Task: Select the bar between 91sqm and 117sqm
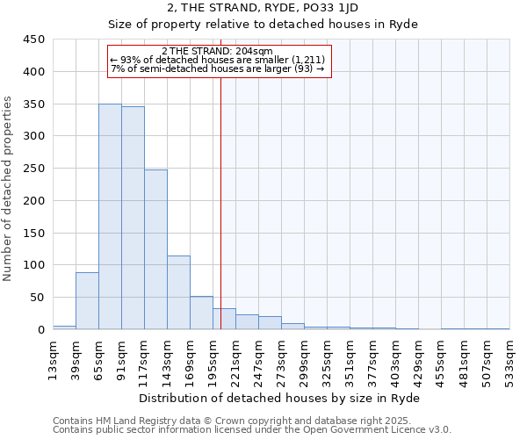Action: click(133, 219)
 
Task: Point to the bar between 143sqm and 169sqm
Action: click(178, 293)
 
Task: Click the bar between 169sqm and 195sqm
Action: click(201, 313)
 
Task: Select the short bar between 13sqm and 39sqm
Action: click(64, 327)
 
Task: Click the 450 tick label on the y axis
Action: click(34, 40)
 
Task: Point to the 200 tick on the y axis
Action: click(34, 201)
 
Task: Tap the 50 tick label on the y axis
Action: click(38, 298)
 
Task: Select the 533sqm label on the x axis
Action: click(509, 359)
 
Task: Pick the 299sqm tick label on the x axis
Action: click(304, 359)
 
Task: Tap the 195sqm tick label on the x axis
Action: click(213, 359)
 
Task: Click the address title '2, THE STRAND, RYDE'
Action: click(263, 8)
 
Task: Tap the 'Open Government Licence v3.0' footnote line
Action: click(252, 430)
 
